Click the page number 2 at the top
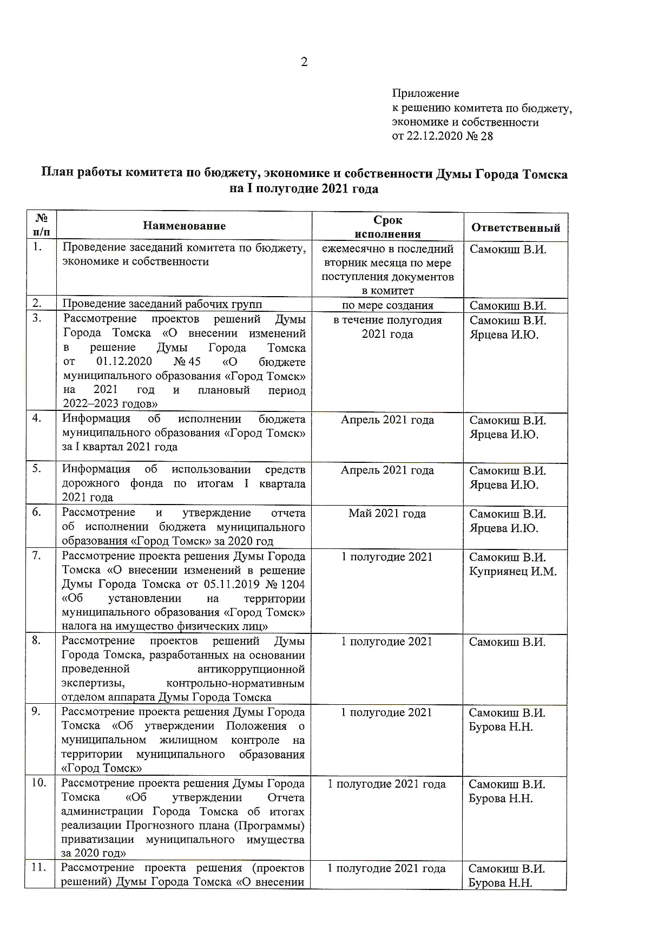pos(304,62)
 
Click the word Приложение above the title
pos(425,94)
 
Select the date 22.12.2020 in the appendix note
pos(433,136)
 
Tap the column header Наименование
pos(185,226)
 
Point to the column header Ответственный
pos(515,227)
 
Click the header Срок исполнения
pos(387,227)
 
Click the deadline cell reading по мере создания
pos(387,305)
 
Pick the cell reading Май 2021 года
pos(387,513)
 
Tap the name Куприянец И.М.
pos(512,571)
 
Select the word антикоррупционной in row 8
pos(251,669)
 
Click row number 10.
pos(38,783)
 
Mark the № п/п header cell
pos(42,225)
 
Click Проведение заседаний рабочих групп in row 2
pos(162,304)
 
